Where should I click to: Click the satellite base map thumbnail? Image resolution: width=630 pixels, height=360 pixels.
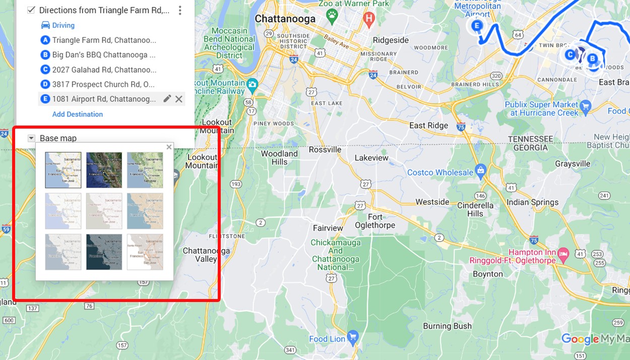[x=104, y=170]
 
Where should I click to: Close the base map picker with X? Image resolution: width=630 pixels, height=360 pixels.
[x=169, y=147]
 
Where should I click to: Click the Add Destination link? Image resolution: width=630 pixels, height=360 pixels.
[x=78, y=114]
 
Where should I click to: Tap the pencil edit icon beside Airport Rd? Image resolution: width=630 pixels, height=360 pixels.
[x=167, y=99]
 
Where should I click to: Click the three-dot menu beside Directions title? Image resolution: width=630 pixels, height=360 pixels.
[x=180, y=10]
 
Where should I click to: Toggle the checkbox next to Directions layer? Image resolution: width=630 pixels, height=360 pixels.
[x=31, y=10]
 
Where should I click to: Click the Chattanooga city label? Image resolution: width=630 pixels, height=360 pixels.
[x=285, y=19]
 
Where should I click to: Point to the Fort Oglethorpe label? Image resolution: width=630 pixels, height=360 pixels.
[x=374, y=221]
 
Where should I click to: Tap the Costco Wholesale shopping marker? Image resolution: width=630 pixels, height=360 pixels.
[x=480, y=171]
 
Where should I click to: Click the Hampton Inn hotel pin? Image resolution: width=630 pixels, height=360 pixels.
[x=563, y=252]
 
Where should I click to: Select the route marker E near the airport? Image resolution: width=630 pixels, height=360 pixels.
[x=476, y=25]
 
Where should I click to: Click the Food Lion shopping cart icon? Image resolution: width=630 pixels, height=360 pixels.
[x=352, y=337]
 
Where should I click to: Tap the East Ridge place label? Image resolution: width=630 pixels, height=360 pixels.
[x=428, y=125]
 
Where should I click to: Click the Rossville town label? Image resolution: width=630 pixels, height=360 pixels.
[x=325, y=149]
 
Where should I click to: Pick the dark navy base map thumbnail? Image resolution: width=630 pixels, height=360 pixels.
[x=104, y=252]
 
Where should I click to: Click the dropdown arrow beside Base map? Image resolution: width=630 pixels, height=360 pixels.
[x=31, y=138]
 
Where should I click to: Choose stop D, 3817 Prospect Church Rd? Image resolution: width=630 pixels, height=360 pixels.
[x=103, y=84]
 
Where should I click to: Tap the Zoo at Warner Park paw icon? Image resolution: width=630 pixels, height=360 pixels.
[x=332, y=16]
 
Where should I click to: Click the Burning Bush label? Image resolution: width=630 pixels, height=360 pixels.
[x=447, y=326]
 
